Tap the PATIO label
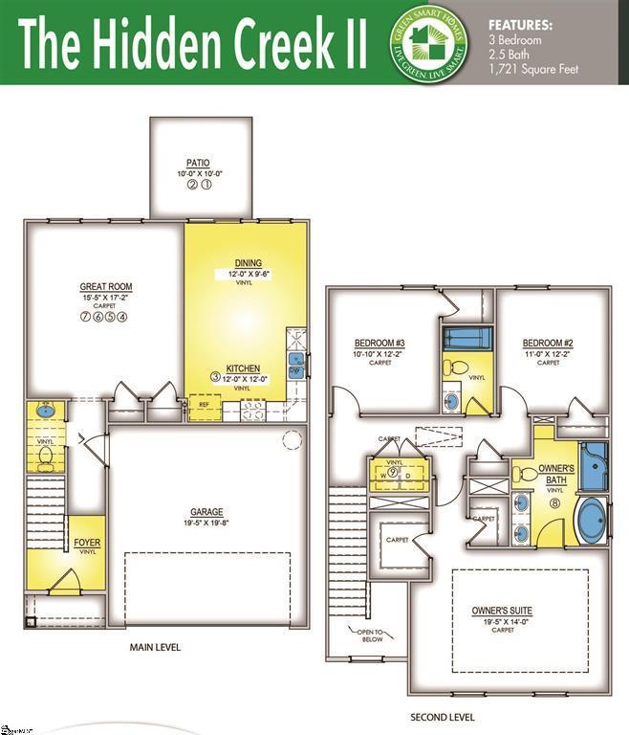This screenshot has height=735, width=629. pos(199,164)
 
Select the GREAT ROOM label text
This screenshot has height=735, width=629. pos(105,287)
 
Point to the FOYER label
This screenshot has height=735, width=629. pos(87,543)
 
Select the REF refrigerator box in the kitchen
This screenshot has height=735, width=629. pos(204,405)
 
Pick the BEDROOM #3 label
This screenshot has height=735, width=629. pos(380,344)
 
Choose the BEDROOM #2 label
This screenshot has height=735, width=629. pos(548,344)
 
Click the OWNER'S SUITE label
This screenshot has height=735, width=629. pos(502,611)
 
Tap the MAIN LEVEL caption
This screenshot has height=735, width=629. pos(155,647)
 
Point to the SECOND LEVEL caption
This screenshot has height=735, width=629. pos(442,717)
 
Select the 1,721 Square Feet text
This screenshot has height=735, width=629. pos(533,69)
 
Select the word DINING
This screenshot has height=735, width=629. pos(248,263)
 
